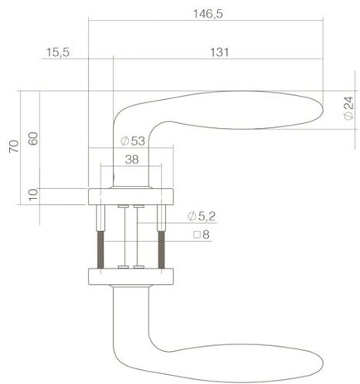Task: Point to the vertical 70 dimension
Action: tap(11, 149)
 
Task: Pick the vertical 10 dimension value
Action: tap(32, 196)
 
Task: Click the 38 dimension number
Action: tap(130, 162)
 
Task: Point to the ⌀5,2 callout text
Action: tap(202, 216)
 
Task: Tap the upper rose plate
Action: tap(130, 196)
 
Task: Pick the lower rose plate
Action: tap(130, 275)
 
